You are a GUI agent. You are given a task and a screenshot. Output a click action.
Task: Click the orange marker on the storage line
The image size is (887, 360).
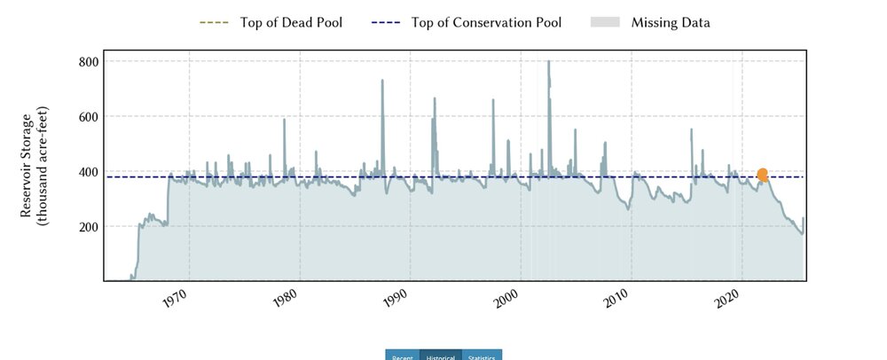[763, 175]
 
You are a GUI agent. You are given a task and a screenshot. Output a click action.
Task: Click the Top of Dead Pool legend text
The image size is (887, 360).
[291, 22]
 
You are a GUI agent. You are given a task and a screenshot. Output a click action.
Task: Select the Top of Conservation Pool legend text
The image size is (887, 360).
[486, 22]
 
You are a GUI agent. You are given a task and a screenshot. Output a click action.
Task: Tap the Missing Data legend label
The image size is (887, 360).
[671, 22]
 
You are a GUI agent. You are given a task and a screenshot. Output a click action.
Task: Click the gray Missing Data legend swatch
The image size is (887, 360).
[606, 22]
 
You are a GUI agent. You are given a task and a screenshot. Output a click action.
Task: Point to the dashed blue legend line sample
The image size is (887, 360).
[386, 22]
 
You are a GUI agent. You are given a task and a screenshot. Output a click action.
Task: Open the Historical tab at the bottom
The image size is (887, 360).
[441, 356]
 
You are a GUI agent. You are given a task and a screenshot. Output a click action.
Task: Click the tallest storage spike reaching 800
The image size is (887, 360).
[548, 64]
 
